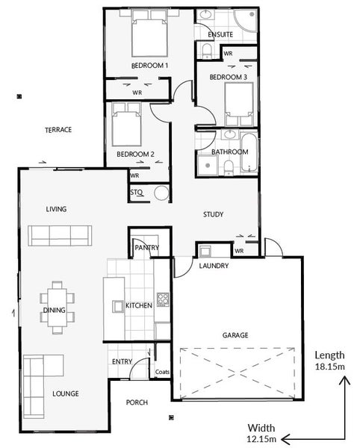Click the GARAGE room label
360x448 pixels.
[x=235, y=335]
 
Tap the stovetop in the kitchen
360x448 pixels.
[x=163, y=299]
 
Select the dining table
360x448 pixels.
[x=58, y=308]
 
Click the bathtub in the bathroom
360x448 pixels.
[x=249, y=152]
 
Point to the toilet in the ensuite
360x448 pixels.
[x=207, y=51]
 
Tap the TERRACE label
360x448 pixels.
[x=58, y=130]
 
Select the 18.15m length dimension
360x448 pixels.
[x=329, y=367]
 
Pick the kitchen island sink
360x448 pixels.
[x=118, y=306]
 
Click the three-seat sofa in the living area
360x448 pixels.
[x=60, y=236]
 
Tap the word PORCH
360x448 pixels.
[x=137, y=402]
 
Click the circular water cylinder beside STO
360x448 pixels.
[x=161, y=193]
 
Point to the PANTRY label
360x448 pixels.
[x=147, y=247]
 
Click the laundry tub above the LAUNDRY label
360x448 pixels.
[x=205, y=251]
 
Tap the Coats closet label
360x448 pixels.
[x=162, y=372]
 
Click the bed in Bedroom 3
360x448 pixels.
[x=239, y=105]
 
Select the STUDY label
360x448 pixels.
[x=213, y=214]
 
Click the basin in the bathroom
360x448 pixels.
[x=230, y=134]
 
